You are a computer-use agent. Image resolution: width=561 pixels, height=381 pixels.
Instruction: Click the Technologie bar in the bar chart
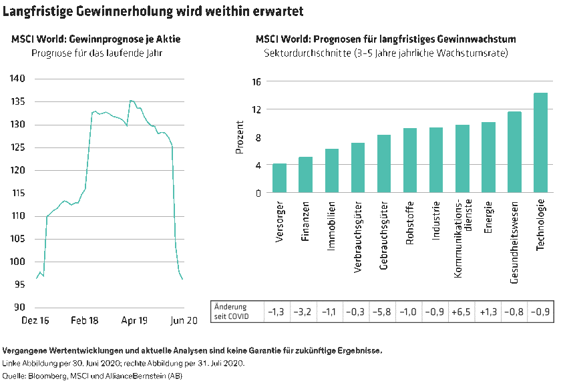[540, 143]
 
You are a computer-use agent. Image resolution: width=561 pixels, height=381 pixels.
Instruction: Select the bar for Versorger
[279, 178]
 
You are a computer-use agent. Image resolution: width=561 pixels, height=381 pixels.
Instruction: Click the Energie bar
[488, 157]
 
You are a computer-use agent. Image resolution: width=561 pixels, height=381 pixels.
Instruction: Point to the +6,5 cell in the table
[461, 311]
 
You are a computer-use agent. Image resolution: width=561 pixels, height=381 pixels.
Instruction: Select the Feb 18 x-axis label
[84, 321]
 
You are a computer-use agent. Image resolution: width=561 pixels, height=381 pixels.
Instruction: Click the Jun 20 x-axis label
[182, 321]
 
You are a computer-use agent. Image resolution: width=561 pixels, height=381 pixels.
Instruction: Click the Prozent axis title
[240, 137]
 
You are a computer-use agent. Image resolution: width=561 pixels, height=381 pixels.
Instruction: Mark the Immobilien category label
[331, 227]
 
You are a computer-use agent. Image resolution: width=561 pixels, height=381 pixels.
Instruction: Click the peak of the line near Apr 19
[131, 101]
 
